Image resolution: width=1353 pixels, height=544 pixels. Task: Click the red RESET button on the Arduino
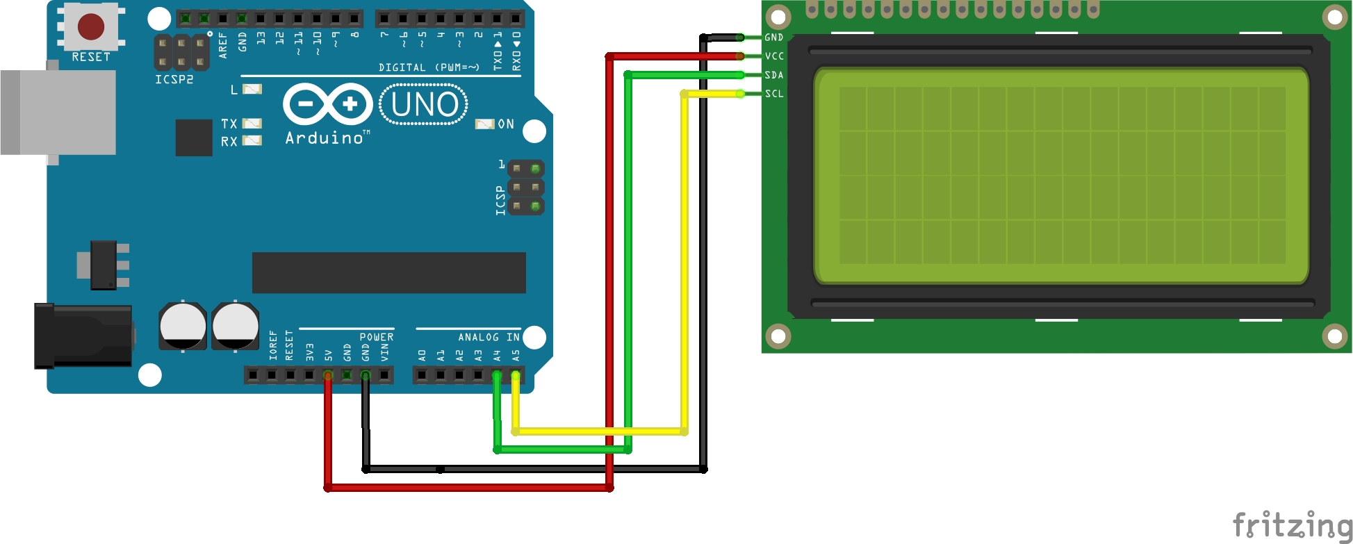tap(91, 26)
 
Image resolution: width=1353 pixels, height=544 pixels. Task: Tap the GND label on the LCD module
tap(774, 38)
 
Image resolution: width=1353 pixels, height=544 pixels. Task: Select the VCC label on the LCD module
tap(774, 56)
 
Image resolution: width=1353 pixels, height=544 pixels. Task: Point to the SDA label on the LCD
tap(774, 75)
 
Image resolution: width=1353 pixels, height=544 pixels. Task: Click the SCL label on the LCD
tap(774, 94)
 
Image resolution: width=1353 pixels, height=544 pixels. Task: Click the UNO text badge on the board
tap(424, 104)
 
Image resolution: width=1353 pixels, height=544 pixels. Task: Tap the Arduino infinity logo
tap(327, 104)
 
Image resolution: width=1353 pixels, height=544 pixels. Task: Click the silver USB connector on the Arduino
tap(59, 112)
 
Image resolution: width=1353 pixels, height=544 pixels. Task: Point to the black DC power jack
tap(83, 336)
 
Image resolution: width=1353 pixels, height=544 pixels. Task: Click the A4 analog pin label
tap(497, 355)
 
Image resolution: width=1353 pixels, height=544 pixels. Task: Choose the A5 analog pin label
tap(516, 355)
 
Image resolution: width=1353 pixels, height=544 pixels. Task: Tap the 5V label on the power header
tap(329, 355)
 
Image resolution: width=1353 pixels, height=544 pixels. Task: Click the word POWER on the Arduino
tap(377, 337)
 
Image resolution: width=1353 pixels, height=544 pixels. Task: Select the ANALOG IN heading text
tap(489, 337)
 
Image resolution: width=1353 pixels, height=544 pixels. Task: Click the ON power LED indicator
tap(484, 124)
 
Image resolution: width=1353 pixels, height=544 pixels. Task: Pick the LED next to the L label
tap(252, 89)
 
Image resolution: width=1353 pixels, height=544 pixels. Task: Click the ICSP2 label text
tap(174, 79)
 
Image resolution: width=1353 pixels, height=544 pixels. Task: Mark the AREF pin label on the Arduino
tap(223, 44)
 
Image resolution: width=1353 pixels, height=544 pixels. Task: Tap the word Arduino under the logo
tap(325, 138)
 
